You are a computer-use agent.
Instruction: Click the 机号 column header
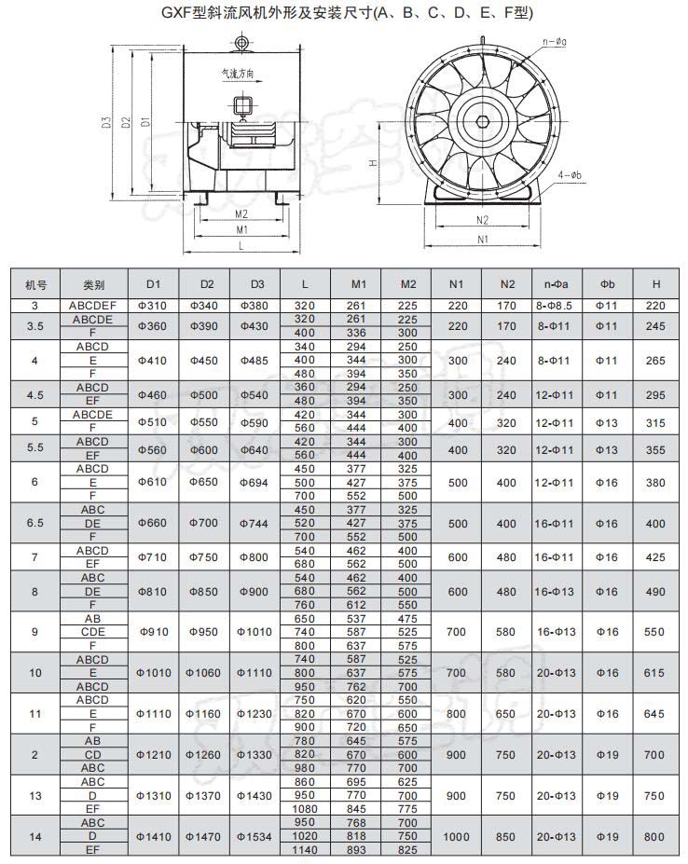coord(35,285)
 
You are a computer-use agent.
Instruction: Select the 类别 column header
coord(93,285)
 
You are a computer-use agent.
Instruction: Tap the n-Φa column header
coord(556,284)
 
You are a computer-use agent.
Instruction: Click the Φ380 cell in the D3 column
coord(255,306)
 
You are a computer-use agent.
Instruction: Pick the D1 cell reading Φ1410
coord(154,836)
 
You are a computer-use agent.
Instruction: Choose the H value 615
coord(654,673)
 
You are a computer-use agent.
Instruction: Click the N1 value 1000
coord(456,836)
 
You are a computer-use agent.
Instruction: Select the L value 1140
coord(304,850)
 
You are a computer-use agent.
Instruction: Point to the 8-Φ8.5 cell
coord(554,306)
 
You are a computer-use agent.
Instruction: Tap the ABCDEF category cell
coord(92,306)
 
